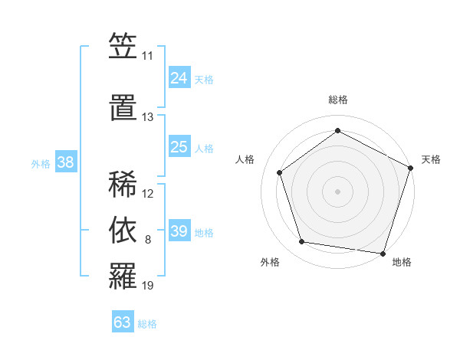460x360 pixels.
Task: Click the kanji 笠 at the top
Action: (123, 47)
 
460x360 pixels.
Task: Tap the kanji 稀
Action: (123, 184)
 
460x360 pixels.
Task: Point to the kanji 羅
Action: (123, 277)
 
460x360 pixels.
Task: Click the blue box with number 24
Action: (179, 78)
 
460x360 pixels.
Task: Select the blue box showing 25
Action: (179, 147)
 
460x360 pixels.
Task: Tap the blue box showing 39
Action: (179, 231)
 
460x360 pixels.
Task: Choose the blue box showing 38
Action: (65, 162)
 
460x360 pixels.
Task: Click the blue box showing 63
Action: (122, 322)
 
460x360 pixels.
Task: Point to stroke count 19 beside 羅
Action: (148, 286)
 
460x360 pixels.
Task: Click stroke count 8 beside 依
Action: (148, 240)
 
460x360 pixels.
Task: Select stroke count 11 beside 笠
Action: (147, 56)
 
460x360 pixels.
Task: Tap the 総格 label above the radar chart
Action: (338, 100)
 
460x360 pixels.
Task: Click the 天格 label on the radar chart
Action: (431, 159)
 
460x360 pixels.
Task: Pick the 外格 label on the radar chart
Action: (270, 262)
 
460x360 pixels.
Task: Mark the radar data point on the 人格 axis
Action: (280, 172)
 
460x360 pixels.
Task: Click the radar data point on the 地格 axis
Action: (383, 253)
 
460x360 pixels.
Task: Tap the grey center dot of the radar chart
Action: (338, 191)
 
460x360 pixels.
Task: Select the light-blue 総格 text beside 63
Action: (147, 324)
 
